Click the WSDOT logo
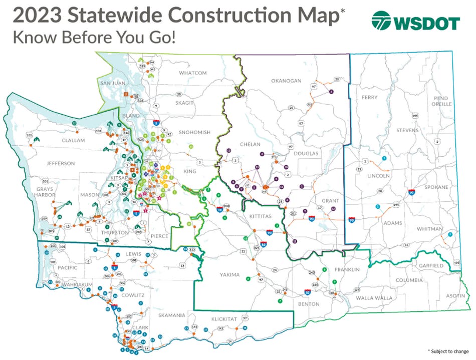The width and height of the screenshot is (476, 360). tap(415, 22)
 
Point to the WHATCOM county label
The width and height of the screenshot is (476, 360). tap(193, 73)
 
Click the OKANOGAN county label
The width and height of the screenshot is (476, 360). tap(286, 81)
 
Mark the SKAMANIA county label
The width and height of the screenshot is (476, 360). tap(171, 315)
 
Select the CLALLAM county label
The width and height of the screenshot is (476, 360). tap(73, 141)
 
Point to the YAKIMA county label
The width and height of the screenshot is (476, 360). tap(230, 274)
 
